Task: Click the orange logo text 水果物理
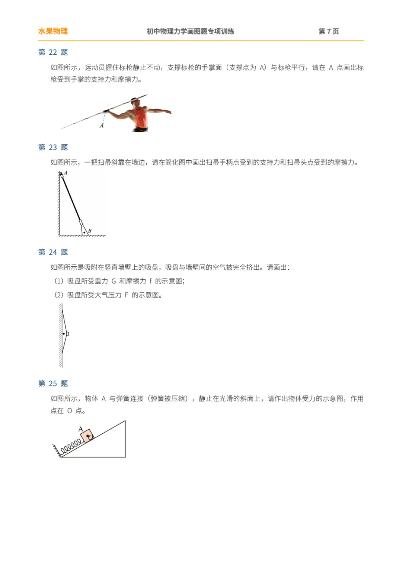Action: pos(53,31)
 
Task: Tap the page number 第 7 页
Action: pos(329,31)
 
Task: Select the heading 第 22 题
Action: pos(53,52)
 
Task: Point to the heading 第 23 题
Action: pos(53,147)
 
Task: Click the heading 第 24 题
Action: pos(53,252)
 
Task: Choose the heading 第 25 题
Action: pos(53,384)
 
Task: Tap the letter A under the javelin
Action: pos(102,126)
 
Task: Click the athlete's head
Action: pos(136,101)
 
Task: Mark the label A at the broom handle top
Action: pos(66,173)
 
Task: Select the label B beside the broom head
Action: pos(90,231)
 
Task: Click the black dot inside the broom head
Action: pos(84,232)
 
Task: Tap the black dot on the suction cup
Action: pos(64,334)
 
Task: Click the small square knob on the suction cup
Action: pos(67,334)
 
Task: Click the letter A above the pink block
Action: pos(80,429)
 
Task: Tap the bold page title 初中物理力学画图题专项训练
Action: pos(190,31)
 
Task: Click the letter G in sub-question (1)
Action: pos(114,281)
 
